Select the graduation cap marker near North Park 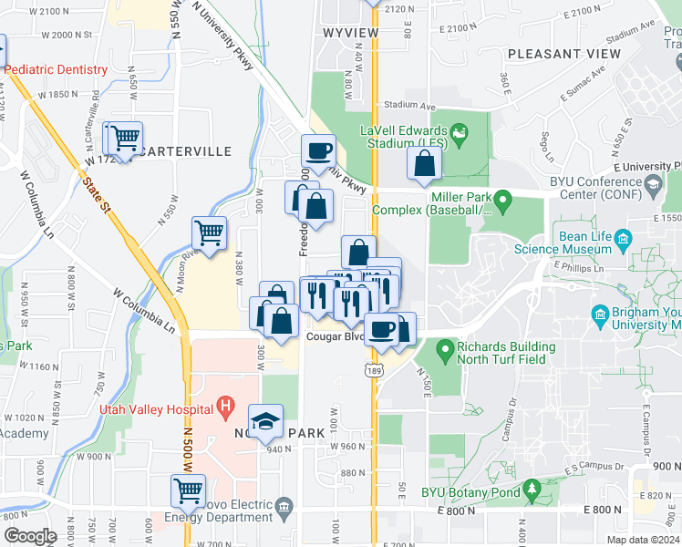tap(265, 420)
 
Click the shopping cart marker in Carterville tap(126, 139)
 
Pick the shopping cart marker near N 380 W tap(210, 233)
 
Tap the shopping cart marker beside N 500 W tap(189, 490)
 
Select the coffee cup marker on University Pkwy tap(319, 151)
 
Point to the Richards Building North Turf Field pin tap(445, 347)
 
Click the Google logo tap(30, 536)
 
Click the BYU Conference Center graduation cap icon tap(653, 186)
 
